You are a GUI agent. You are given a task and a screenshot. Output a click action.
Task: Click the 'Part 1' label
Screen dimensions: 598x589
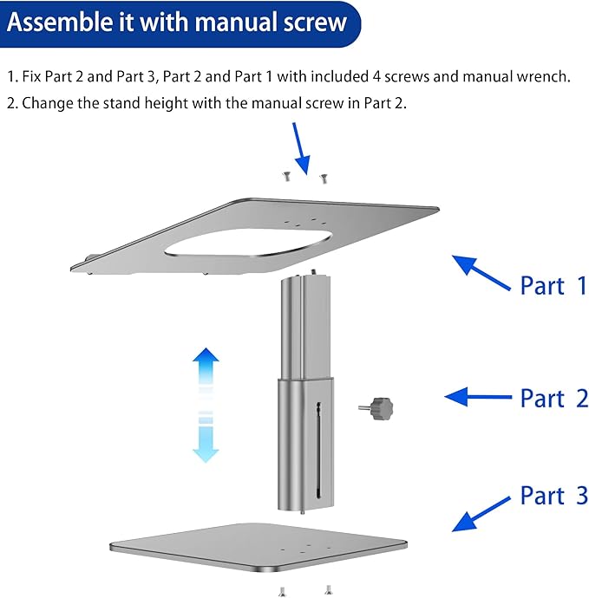(x=553, y=285)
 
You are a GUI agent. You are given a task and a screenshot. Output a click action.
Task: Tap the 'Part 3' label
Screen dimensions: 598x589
(x=553, y=496)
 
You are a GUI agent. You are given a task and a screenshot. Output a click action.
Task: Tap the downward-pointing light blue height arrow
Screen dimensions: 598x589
(x=206, y=439)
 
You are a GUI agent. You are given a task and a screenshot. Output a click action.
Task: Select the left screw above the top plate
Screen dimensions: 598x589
(x=285, y=178)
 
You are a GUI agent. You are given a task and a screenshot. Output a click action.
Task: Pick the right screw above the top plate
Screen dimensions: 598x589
(x=323, y=179)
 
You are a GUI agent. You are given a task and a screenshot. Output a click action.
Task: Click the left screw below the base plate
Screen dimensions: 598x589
(x=282, y=591)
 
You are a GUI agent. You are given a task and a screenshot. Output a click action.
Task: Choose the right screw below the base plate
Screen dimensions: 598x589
(x=328, y=591)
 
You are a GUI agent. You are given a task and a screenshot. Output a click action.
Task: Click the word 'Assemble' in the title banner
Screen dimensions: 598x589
(x=61, y=21)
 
